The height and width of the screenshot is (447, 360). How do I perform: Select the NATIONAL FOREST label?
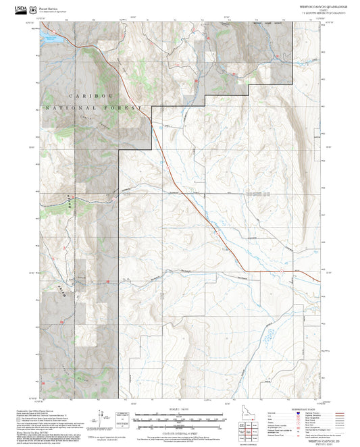point(93,108)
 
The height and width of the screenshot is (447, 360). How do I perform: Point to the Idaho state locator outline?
point(247,411)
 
